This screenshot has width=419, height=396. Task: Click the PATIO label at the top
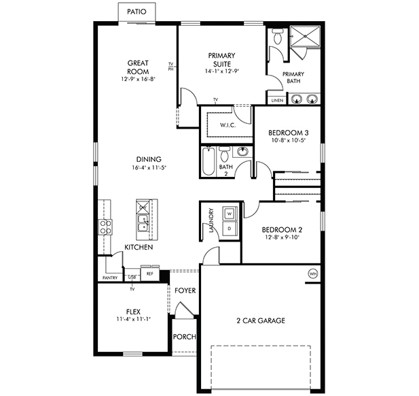136,12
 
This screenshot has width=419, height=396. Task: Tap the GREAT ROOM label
138,67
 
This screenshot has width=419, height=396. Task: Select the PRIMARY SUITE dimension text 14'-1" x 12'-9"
221,71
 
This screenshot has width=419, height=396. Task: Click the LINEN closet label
276,101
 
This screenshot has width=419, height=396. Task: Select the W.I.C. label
227,125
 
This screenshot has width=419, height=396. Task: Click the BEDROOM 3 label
288,133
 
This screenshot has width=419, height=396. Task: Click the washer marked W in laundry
230,214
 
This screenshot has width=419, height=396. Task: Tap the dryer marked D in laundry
230,229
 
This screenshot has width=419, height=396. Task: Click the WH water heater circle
313,274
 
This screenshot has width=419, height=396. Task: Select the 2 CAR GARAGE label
260,320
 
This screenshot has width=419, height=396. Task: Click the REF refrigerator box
148,274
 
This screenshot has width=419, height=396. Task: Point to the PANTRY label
109,278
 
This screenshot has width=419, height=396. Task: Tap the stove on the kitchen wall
105,225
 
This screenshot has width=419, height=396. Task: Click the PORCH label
184,336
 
